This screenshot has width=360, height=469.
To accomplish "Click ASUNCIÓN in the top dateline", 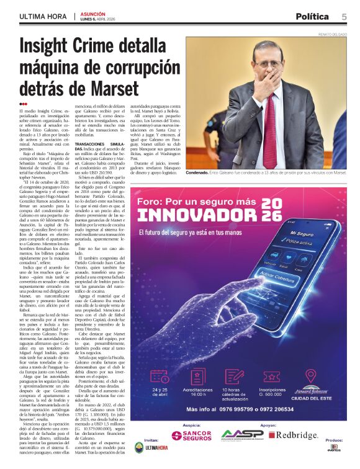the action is click(x=93, y=13).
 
